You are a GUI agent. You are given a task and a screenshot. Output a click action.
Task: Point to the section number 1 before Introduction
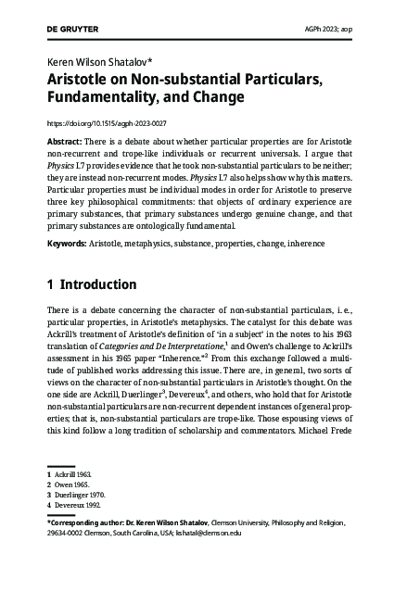[51, 284]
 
